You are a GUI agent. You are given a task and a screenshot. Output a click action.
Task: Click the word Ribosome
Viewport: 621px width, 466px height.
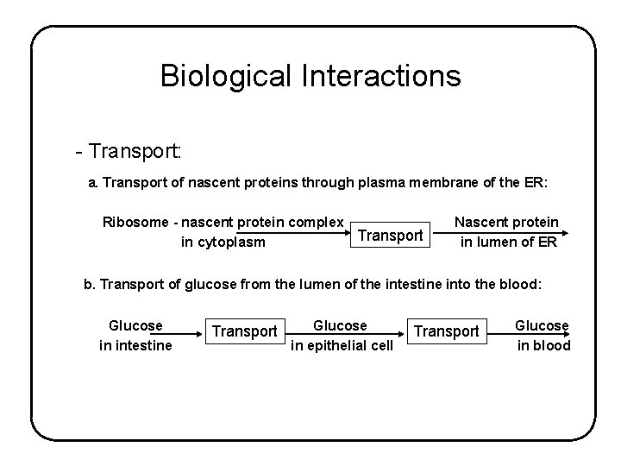click(134, 222)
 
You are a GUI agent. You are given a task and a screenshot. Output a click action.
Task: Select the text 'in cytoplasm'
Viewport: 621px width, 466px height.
click(223, 242)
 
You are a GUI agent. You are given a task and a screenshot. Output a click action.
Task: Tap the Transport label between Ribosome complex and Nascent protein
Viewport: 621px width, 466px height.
click(391, 235)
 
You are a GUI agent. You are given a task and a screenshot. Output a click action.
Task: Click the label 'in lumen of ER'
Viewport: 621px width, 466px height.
click(508, 242)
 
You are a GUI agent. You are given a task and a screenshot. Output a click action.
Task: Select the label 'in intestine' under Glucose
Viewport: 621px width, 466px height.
click(135, 345)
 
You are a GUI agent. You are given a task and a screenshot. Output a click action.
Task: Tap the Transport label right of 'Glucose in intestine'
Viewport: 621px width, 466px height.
click(245, 331)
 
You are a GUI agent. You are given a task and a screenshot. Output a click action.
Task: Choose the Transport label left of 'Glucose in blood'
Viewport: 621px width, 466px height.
click(447, 331)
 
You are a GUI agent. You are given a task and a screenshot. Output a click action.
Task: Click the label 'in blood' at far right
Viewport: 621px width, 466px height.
click(543, 345)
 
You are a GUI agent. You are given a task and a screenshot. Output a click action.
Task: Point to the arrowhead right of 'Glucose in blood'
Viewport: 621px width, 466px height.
click(567, 336)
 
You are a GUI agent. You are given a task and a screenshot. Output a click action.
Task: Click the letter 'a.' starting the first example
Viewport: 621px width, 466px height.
click(94, 184)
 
